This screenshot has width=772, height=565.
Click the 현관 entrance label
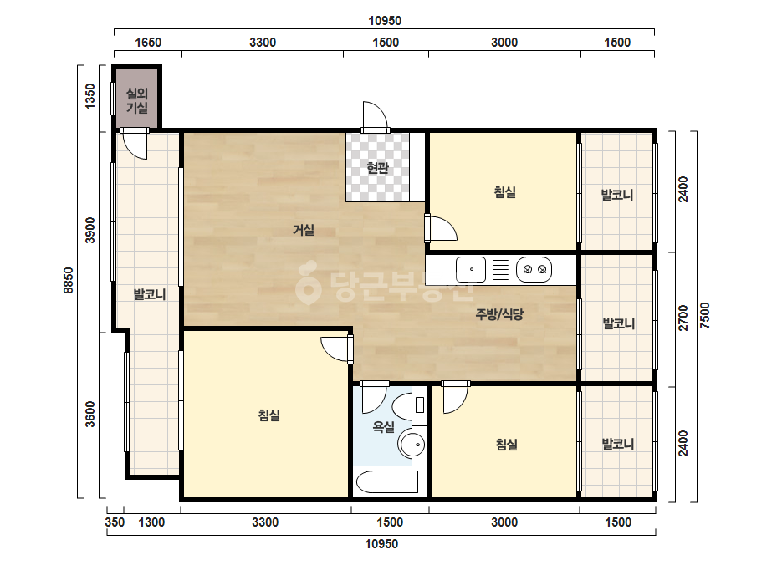377,168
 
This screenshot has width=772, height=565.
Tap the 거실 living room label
304,229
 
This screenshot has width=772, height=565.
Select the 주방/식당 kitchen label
499,314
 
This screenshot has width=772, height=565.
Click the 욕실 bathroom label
384,426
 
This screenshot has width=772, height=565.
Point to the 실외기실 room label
137,100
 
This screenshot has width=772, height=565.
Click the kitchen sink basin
471,269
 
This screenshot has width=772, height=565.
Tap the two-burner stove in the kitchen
534,269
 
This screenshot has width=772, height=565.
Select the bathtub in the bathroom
387,481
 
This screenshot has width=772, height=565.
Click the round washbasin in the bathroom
412,445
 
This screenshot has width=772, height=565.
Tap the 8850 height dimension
69,281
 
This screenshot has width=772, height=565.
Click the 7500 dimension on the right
705,315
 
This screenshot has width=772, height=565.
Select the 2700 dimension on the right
683,318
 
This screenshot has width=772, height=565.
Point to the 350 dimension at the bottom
115,522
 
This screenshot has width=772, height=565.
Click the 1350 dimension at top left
89,96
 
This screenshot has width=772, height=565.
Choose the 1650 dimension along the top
148,43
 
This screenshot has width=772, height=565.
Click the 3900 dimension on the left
89,230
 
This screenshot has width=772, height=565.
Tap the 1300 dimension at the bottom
151,522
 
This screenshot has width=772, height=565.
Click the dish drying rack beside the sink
501,269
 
